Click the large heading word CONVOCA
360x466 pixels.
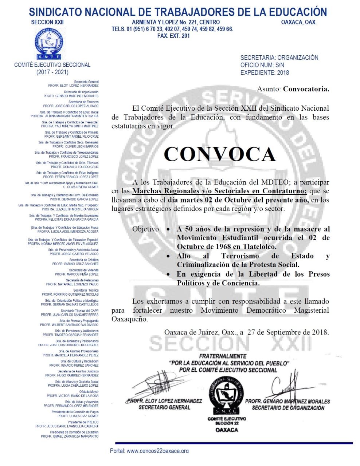(220, 154)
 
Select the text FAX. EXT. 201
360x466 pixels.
(173, 36)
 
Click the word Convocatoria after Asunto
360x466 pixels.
(306, 89)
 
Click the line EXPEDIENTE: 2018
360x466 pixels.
(265, 72)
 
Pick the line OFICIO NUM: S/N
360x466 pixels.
(262, 65)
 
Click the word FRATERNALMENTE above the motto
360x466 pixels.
(223, 356)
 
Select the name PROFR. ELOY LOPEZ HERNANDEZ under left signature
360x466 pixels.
(164, 401)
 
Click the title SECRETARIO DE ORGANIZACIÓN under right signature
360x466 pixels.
(288, 408)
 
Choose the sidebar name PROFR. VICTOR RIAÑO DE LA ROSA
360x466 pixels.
(73, 395)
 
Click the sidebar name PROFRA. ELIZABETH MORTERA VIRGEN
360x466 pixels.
(70, 209)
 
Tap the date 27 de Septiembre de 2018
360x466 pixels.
(287, 332)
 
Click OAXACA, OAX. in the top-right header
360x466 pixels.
(299, 22)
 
